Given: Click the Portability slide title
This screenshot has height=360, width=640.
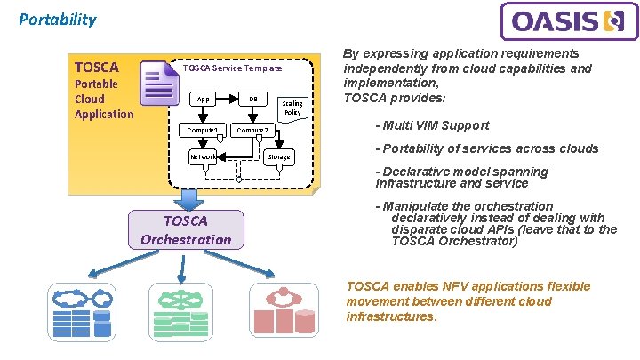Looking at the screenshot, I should [x=58, y=19].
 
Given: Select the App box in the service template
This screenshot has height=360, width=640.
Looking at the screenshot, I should [x=204, y=99].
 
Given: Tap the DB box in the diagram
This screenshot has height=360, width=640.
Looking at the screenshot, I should [x=253, y=99].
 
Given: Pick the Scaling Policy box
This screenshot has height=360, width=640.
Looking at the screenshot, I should [x=292, y=108].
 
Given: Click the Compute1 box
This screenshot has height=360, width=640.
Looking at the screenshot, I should [x=203, y=130].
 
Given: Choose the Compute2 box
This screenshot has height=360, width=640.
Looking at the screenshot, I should [x=251, y=130].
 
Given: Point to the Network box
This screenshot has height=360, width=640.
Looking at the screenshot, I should [x=204, y=156].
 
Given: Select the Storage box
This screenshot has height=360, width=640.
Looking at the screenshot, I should [x=279, y=156].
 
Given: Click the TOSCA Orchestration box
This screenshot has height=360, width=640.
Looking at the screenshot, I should [x=186, y=230].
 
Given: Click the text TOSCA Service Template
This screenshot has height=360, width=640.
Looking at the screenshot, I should [x=232, y=68].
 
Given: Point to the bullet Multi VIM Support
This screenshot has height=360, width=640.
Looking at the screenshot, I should [x=432, y=125].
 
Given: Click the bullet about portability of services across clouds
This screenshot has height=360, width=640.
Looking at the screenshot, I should [x=486, y=148].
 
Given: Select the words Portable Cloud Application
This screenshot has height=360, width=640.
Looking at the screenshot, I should [x=104, y=99].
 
